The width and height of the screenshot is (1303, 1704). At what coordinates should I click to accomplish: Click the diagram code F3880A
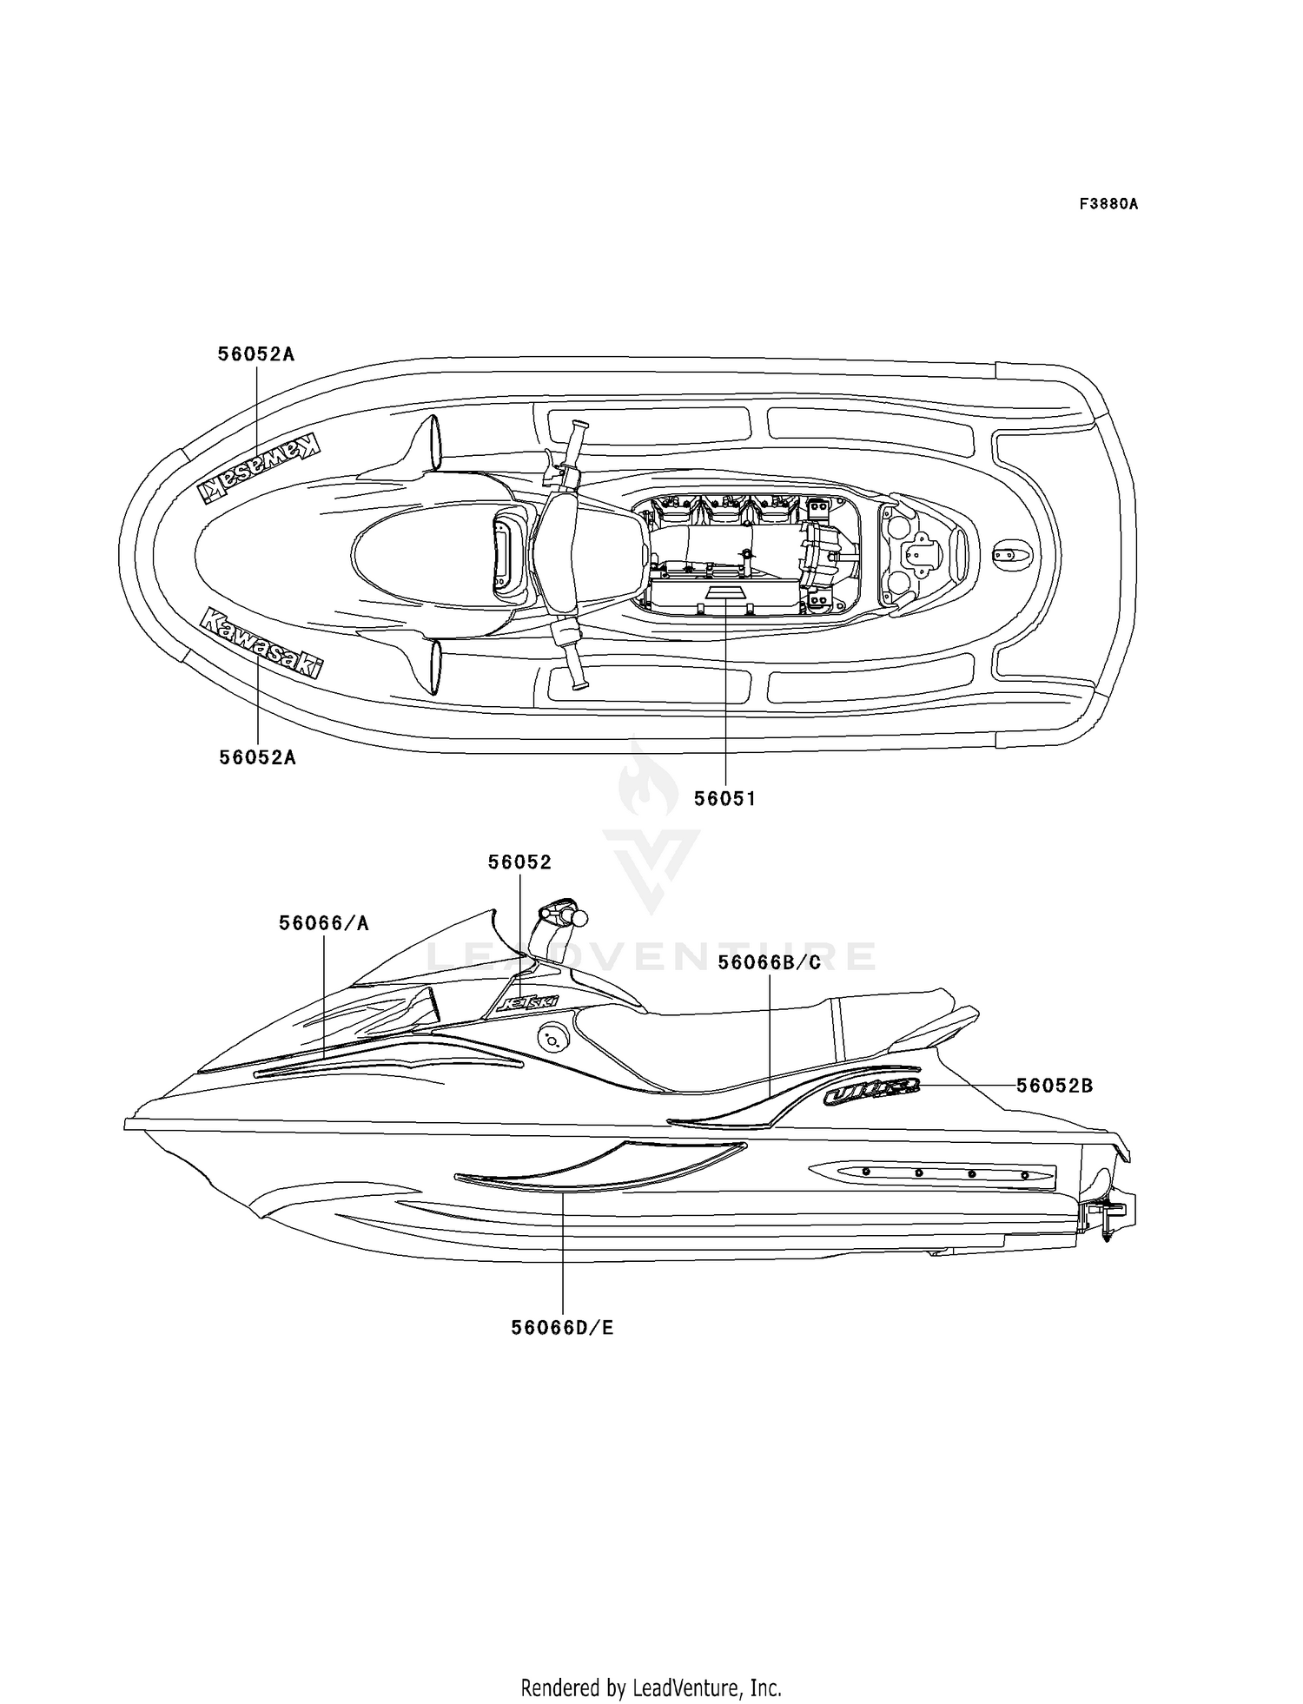(x=1108, y=204)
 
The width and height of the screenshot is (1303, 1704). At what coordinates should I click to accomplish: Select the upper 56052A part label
(x=256, y=354)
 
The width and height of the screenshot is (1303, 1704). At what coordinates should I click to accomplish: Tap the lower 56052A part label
(x=257, y=757)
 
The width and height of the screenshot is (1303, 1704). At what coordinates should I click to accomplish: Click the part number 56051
(x=724, y=798)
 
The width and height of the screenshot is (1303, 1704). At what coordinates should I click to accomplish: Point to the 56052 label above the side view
(x=519, y=862)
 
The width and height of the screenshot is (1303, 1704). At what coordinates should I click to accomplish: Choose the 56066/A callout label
(x=324, y=923)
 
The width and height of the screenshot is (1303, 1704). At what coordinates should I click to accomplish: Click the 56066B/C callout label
(x=770, y=962)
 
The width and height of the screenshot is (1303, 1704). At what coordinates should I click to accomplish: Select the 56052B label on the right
(x=1055, y=1086)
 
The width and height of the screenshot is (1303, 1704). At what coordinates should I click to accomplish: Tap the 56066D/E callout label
(x=563, y=1328)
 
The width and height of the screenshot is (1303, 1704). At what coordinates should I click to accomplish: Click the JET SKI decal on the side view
(x=526, y=1003)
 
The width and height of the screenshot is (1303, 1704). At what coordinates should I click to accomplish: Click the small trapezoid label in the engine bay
(x=724, y=591)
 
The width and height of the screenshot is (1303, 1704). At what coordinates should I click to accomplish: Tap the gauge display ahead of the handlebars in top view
(x=505, y=553)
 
